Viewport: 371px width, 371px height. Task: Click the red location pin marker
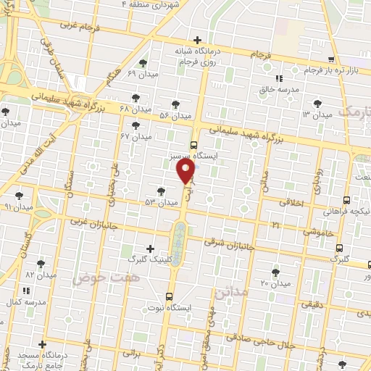[x=185, y=171]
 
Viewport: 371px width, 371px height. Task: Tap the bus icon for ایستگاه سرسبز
[x=193, y=144]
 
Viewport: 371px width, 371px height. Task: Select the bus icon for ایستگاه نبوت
[x=169, y=296]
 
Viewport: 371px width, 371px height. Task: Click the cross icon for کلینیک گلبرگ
[x=150, y=249]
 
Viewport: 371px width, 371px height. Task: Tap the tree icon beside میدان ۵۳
[x=161, y=190]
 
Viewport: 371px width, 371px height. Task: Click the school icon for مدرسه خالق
[x=279, y=78]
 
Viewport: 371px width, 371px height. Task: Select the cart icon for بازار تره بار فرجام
[x=330, y=60]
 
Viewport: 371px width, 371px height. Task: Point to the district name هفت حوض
[x=99, y=277]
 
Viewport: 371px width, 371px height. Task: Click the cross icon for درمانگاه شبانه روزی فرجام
[x=197, y=40]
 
